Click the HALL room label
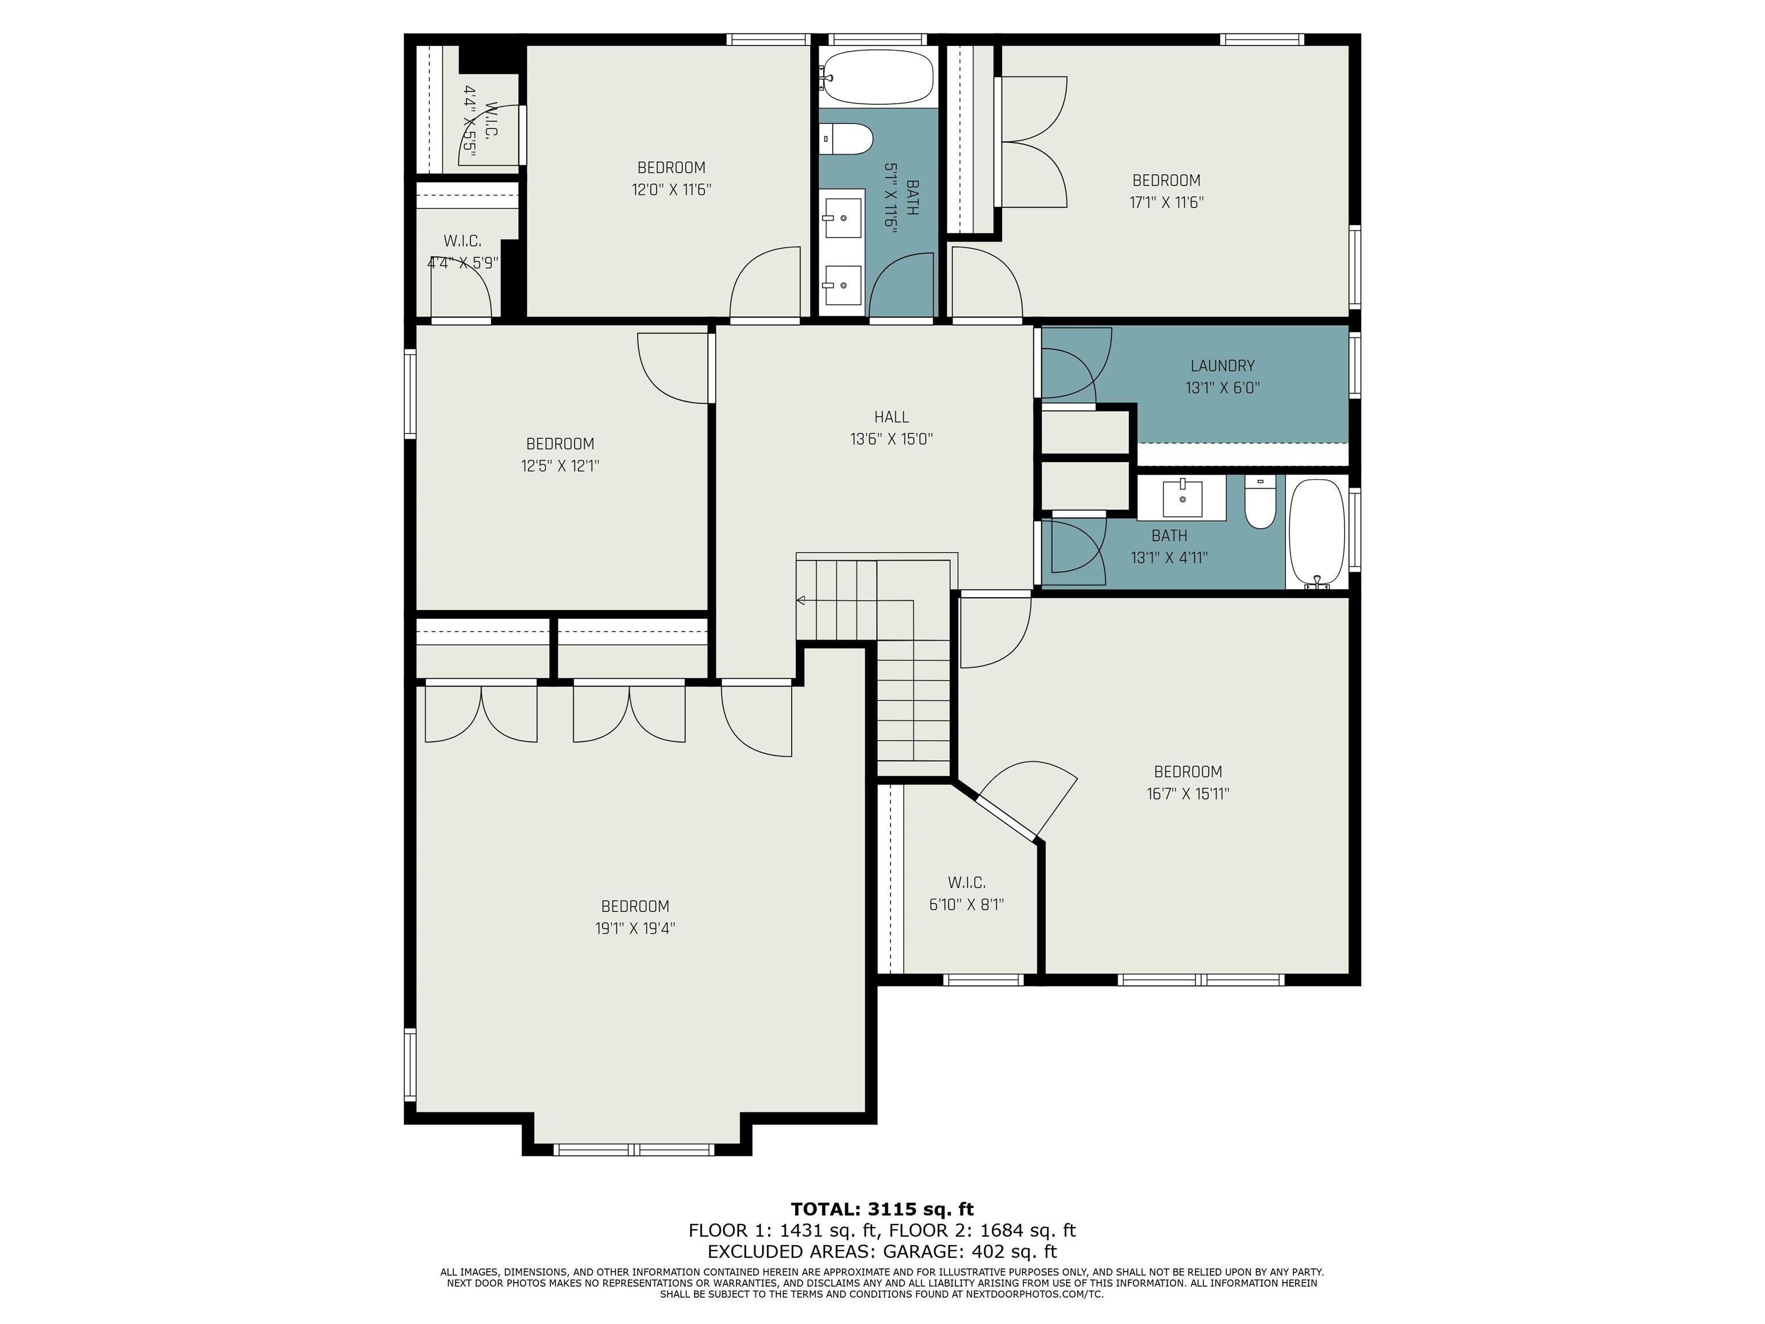coord(891,417)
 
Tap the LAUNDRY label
coord(1223,365)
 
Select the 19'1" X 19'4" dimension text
coord(635,928)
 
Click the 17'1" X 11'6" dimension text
coord(1166,203)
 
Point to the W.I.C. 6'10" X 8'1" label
coord(967,894)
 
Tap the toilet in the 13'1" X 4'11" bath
coord(1261,502)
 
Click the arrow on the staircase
coord(800,600)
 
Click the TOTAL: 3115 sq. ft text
coord(882,1209)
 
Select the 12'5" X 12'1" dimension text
coord(560,466)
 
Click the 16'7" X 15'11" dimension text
coord(1188,794)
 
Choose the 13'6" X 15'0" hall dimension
coord(891,439)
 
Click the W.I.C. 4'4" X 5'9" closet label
coord(463,251)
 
